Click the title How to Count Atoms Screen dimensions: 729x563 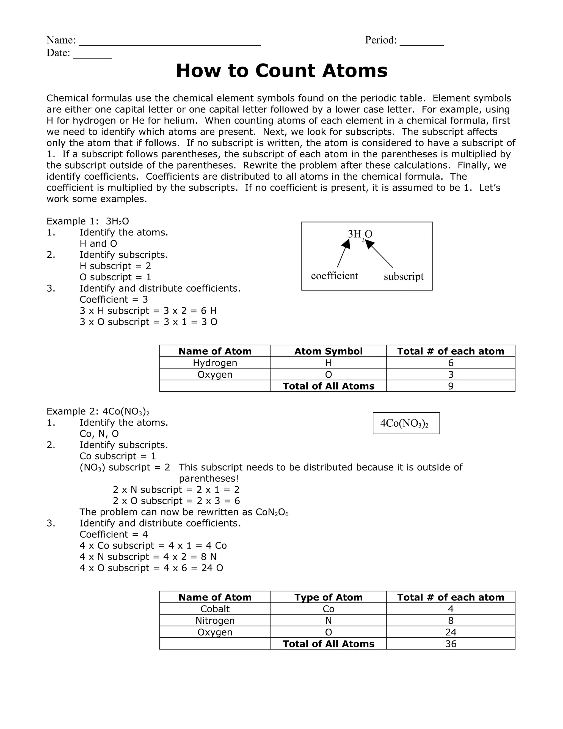point(281,71)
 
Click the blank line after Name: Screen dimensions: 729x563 point(169,43)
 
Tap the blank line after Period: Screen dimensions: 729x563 point(422,43)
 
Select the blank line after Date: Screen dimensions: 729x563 point(92,55)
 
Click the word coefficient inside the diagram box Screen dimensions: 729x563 point(334,276)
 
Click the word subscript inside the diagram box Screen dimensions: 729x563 point(404,276)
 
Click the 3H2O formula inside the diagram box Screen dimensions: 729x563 point(360,234)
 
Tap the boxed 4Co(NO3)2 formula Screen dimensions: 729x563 point(406,423)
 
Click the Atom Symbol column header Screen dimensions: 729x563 point(328,351)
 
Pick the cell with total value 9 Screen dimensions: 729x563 point(451,386)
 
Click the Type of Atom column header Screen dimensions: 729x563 point(328,597)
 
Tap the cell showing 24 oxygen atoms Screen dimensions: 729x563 point(451,632)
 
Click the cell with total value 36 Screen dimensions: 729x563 point(451,644)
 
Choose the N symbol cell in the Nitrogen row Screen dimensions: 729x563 point(328,621)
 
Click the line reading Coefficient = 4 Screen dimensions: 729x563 point(114,535)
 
